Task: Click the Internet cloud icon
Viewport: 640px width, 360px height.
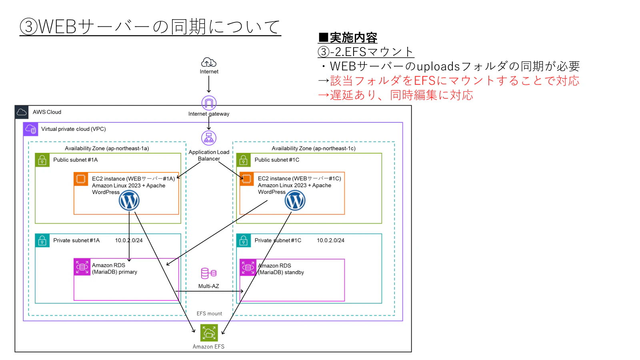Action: click(209, 62)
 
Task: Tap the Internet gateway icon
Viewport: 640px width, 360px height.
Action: click(209, 103)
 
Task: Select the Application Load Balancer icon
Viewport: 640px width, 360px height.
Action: click(209, 138)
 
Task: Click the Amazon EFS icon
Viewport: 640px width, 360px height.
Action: click(209, 333)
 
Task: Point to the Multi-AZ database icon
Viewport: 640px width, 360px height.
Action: click(209, 274)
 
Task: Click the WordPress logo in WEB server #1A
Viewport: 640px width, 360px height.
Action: click(129, 200)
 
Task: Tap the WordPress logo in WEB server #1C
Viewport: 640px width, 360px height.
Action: click(295, 200)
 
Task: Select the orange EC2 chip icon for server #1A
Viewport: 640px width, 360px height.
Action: click(81, 179)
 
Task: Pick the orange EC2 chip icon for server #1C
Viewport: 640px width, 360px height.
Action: click(246, 179)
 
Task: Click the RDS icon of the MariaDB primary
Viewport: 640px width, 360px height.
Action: click(82, 267)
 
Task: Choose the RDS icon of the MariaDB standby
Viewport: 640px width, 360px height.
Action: click(248, 268)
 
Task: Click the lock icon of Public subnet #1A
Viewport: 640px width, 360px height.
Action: click(42, 160)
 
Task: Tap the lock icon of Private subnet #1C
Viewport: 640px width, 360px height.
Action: click(244, 240)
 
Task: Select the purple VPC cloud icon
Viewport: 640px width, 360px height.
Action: click(30, 130)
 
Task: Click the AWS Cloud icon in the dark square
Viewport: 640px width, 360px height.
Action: click(22, 112)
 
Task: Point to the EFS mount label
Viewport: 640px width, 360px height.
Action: click(209, 314)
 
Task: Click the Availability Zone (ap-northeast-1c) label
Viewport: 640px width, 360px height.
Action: click(314, 148)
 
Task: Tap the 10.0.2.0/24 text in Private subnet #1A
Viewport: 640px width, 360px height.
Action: click(129, 240)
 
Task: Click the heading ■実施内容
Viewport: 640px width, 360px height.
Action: click(348, 38)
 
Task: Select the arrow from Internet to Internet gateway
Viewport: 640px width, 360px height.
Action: click(209, 84)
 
